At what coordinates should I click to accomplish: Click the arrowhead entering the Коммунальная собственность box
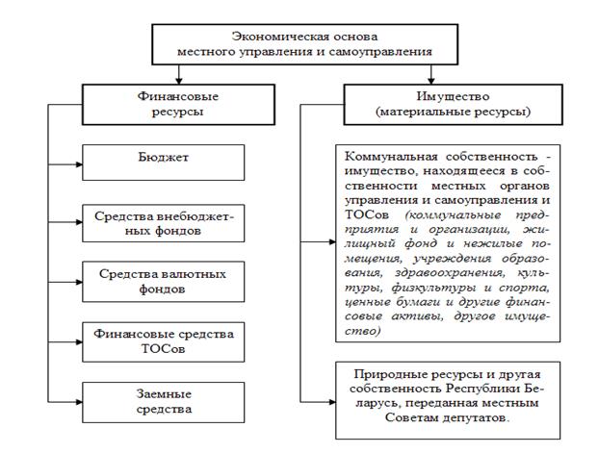click(333, 243)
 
